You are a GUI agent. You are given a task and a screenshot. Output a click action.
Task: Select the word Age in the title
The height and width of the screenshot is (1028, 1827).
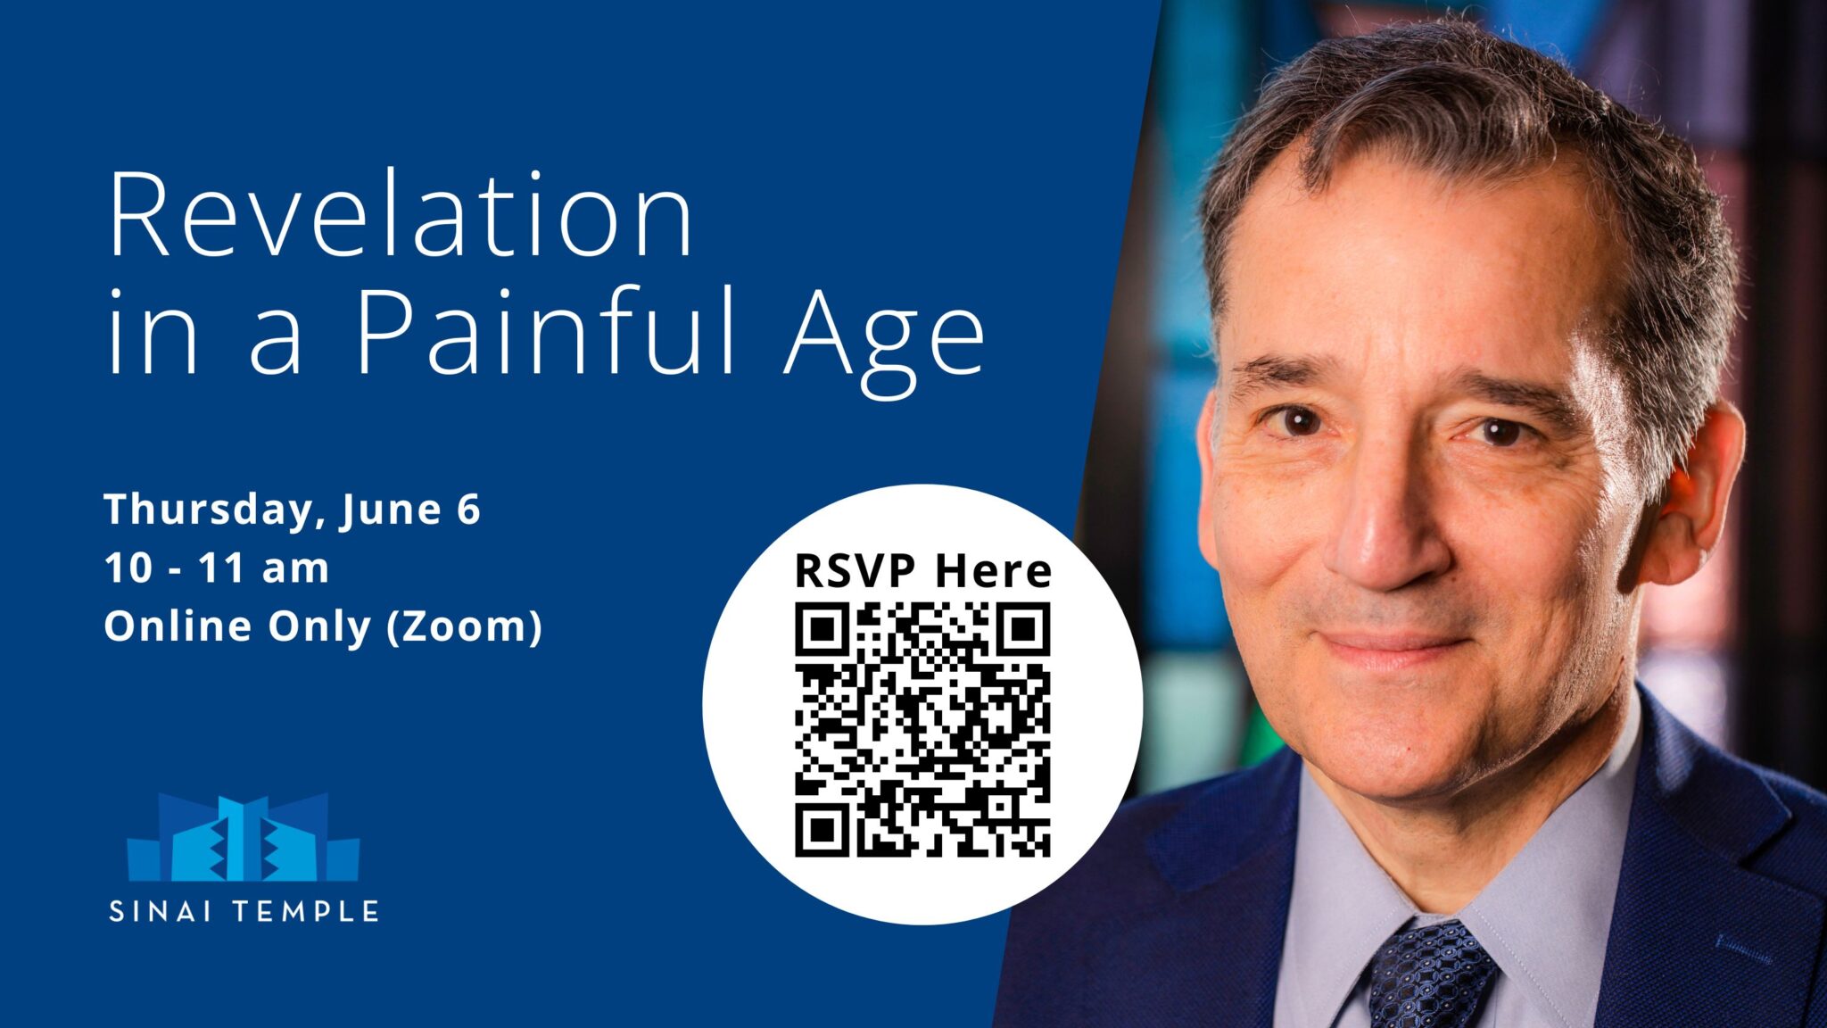[x=883, y=339]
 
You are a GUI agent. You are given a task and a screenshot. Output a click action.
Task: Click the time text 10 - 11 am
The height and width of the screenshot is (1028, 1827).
[x=217, y=568]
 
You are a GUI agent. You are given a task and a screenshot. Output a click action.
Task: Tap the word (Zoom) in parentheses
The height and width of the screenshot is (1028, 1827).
[x=464, y=626]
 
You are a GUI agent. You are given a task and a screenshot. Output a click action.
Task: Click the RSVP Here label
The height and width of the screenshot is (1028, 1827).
[x=922, y=571]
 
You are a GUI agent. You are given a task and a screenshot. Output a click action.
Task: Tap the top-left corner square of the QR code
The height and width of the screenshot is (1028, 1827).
[x=821, y=630]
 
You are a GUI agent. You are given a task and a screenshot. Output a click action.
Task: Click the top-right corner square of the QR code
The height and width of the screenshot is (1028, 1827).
[x=1024, y=630]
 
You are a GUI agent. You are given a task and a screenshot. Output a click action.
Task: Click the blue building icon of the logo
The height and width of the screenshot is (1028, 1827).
[x=243, y=839]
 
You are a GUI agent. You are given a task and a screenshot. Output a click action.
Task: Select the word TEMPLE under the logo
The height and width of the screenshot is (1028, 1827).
[x=306, y=912]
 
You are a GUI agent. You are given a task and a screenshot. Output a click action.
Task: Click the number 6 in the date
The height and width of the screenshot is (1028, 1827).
[x=468, y=510]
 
